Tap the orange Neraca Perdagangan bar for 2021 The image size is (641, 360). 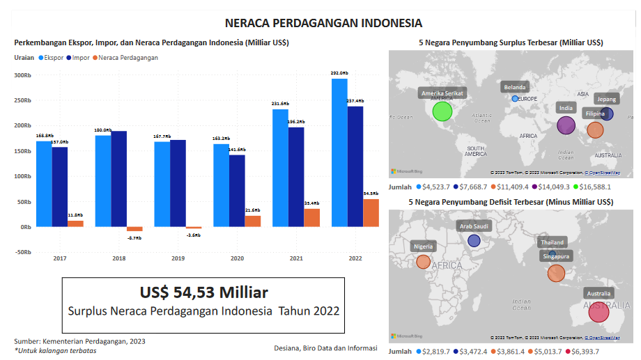point(311,217)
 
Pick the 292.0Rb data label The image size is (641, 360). point(339,72)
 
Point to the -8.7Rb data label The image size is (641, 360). point(134,238)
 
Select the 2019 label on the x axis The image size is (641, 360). point(178,258)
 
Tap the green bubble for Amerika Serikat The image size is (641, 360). point(442,111)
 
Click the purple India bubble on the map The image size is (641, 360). point(566,125)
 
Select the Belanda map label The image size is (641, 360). point(515,87)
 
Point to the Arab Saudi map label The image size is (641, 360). point(474,226)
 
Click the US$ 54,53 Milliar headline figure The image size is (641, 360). point(203,292)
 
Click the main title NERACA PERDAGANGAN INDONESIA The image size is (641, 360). point(323,23)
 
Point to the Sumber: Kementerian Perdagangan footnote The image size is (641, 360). point(80,341)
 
